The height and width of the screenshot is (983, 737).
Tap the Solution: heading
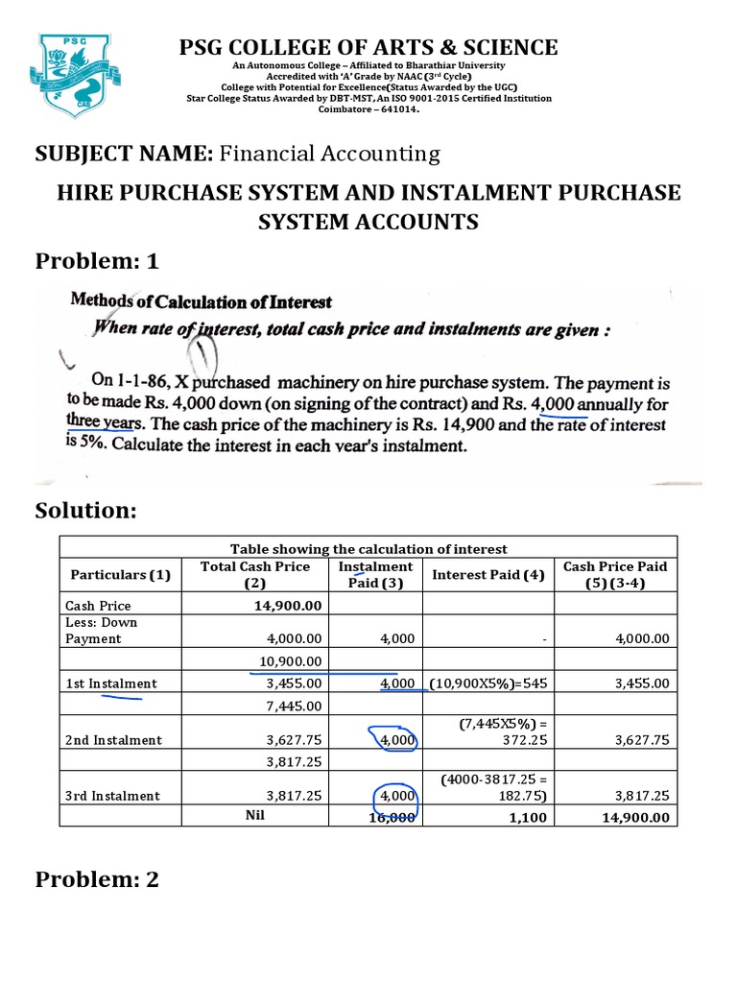(x=86, y=511)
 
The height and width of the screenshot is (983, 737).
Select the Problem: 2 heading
(x=97, y=879)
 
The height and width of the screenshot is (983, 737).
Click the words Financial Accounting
(x=330, y=153)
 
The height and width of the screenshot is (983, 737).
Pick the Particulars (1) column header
(x=120, y=575)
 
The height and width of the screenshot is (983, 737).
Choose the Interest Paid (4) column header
(x=488, y=575)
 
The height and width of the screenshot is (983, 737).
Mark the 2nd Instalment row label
(x=113, y=740)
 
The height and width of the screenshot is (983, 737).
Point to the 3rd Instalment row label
(x=113, y=796)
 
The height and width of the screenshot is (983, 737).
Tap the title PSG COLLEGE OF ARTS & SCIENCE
(x=368, y=47)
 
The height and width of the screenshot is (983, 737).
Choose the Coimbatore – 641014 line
(x=368, y=108)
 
